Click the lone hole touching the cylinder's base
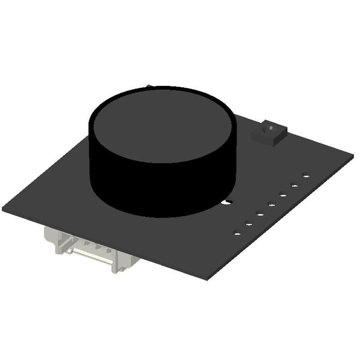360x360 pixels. pos(229,202)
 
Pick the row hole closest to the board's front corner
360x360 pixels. pos(236,233)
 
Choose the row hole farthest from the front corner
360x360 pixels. pos(306,176)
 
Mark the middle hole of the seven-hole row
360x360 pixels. pos(272,205)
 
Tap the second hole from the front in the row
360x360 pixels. pos(248,223)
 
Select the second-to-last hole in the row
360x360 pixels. pos(295,185)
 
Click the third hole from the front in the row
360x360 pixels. pos(260,214)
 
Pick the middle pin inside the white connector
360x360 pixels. pos(97,246)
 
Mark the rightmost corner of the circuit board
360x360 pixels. pos(353,155)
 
